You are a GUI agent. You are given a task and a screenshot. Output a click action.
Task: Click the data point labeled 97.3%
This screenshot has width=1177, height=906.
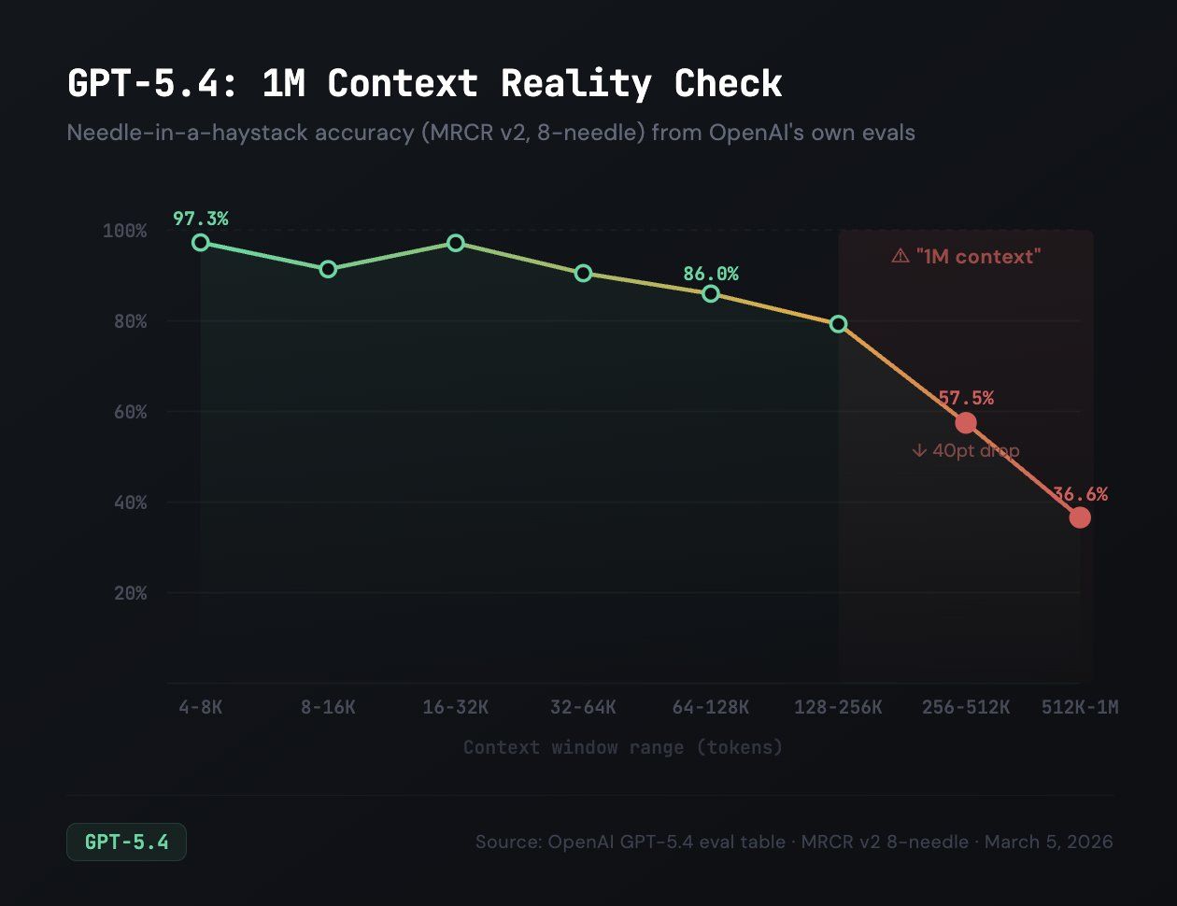coord(200,243)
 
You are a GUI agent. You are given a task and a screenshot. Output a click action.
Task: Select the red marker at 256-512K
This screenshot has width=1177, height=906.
coord(965,423)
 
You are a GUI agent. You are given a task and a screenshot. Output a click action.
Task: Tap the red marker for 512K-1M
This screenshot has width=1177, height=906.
coord(1080,517)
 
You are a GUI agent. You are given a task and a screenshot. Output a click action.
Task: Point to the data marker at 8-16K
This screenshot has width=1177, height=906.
coord(328,269)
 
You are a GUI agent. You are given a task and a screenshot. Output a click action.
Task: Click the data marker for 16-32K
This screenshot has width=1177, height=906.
coord(456,243)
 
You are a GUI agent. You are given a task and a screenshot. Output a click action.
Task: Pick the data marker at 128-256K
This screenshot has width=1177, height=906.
coord(838,324)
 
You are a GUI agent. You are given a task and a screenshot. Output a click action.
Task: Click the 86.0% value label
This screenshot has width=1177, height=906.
coord(710,274)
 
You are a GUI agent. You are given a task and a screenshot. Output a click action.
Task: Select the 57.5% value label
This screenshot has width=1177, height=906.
coord(966,398)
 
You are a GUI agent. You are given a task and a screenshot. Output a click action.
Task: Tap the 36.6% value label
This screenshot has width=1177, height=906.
coord(1080,494)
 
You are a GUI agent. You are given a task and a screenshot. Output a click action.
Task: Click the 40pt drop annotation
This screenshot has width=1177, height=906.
coord(966,451)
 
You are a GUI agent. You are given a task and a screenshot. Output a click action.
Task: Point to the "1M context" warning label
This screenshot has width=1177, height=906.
coord(966,257)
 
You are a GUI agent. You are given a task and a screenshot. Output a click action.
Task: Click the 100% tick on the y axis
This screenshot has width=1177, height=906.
coord(124,231)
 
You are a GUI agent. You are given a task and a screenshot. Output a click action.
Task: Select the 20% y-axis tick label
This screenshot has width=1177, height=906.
coord(130,593)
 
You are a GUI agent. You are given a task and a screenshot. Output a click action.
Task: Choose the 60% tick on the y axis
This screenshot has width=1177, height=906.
coord(130,412)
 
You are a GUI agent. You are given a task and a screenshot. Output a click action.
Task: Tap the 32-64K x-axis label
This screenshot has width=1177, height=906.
coord(583,707)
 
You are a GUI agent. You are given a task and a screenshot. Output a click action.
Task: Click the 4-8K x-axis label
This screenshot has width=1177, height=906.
coord(200,707)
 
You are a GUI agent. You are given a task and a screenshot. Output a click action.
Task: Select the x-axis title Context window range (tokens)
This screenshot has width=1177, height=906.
coord(622,747)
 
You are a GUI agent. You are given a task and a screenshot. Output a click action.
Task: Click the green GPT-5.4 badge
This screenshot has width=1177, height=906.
coord(126,842)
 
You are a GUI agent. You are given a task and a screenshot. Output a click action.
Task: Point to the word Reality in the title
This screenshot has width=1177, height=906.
coord(575,84)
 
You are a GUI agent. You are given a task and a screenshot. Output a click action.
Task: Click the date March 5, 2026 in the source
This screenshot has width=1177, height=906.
coord(1048,842)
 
